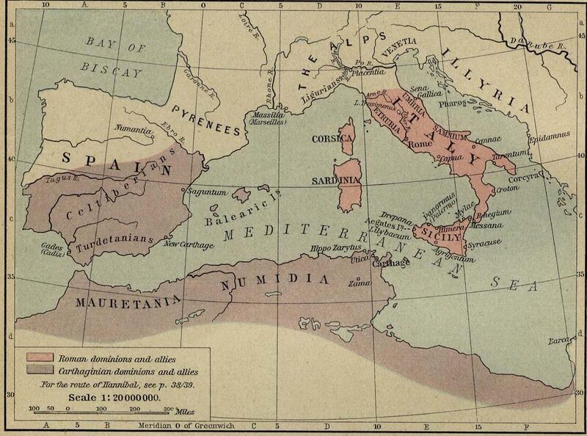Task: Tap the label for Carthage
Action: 396,266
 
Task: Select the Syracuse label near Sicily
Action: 465,242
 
